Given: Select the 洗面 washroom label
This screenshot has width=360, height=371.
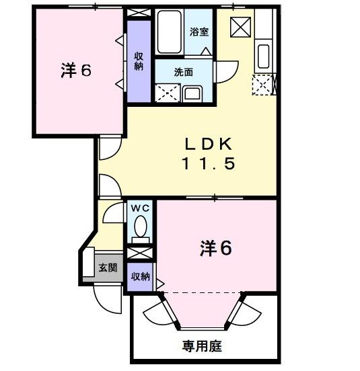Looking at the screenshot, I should click(x=183, y=72).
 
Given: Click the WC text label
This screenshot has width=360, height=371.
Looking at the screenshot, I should click(x=141, y=209).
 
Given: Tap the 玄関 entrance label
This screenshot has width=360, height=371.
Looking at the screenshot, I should click(x=108, y=267).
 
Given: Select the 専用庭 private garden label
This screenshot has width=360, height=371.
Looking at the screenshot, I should click(x=201, y=347).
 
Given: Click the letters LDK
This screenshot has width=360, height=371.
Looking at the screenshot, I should click(x=209, y=143).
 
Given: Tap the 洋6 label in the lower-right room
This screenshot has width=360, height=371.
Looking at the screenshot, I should click(x=215, y=249).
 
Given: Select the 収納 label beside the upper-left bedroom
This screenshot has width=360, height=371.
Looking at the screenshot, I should click(x=139, y=61).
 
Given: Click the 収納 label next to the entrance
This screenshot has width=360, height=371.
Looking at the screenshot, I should click(x=140, y=276).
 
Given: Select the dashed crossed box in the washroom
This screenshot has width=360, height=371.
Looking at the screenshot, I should click(x=166, y=92).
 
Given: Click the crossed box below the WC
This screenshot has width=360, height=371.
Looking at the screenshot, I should click(x=140, y=254).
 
